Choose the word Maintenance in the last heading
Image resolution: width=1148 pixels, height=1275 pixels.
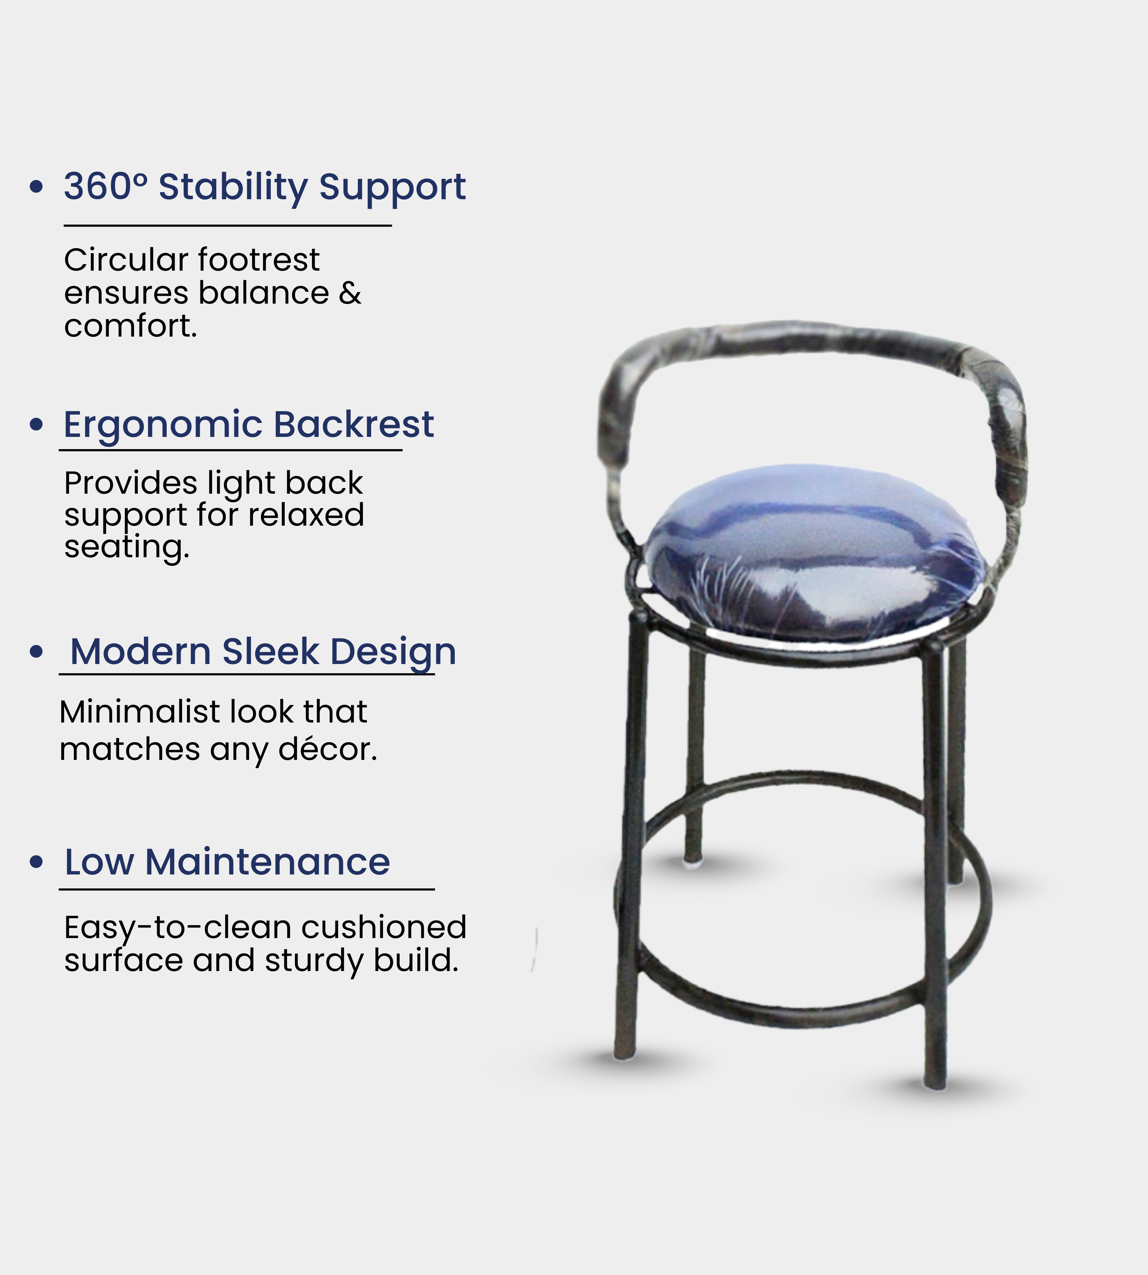(267, 862)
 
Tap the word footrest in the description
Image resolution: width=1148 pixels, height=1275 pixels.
(259, 260)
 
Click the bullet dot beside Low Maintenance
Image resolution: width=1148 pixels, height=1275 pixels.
(37, 862)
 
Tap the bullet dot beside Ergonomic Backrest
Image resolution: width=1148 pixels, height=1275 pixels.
(37, 424)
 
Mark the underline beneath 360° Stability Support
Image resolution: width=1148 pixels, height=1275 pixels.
(228, 225)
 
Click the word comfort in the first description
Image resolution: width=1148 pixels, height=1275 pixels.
(131, 326)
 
